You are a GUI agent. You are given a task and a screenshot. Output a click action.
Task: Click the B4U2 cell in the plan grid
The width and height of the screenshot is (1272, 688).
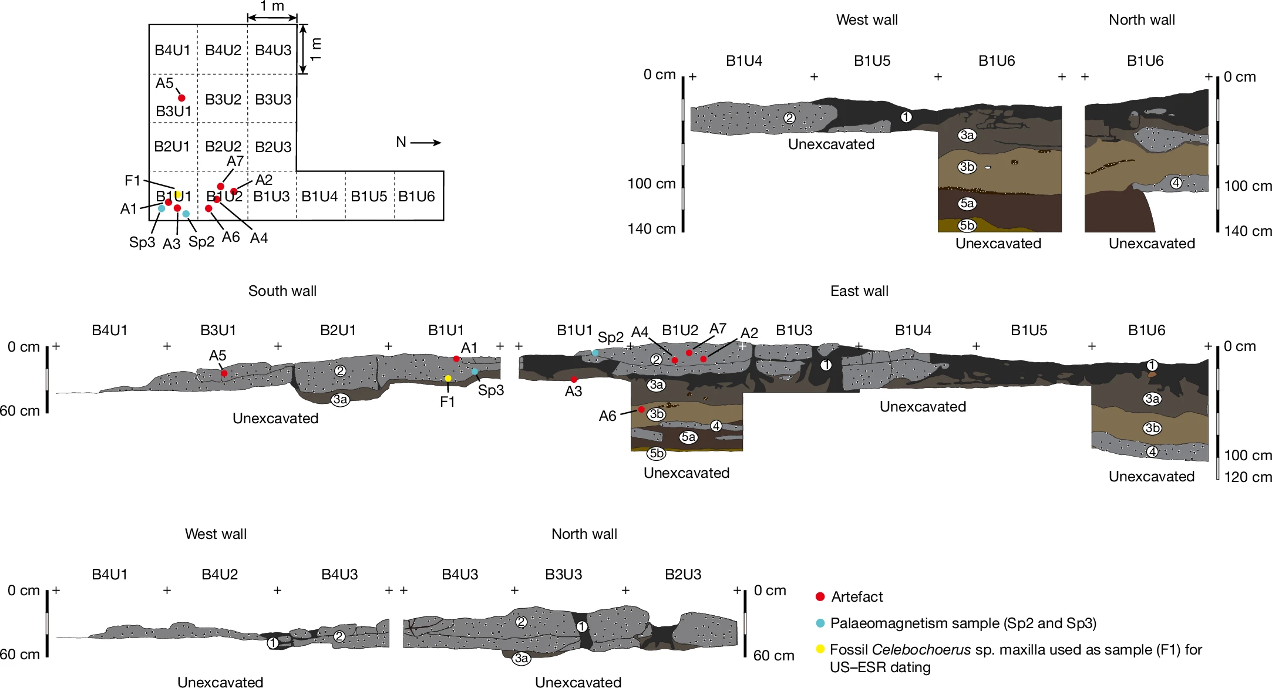(223, 50)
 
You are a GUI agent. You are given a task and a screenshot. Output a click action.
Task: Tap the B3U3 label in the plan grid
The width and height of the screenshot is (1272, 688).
(273, 99)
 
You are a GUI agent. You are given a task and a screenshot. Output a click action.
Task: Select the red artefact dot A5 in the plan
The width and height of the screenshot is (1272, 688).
(181, 98)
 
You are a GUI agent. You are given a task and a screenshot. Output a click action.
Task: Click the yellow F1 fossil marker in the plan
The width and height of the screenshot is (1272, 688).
(179, 194)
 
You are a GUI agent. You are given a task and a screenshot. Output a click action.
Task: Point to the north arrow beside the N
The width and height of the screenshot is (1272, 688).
(426, 142)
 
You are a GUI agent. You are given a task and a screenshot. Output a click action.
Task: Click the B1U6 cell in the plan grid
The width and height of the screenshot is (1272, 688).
(418, 196)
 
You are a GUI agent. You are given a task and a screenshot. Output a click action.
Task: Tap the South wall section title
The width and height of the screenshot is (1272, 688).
(282, 291)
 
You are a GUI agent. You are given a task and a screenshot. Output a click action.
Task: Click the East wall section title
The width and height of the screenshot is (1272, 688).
(859, 291)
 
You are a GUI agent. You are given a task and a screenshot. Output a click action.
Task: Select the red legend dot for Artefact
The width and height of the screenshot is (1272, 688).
(820, 596)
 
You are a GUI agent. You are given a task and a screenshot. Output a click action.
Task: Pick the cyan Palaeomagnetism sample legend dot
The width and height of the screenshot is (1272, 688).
(820, 623)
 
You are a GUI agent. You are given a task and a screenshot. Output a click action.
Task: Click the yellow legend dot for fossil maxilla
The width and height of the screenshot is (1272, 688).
(820, 649)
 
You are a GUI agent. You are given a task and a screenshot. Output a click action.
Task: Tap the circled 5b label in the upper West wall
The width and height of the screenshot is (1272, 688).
(967, 225)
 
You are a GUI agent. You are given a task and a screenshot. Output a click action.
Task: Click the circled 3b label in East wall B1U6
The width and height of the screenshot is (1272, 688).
(1152, 428)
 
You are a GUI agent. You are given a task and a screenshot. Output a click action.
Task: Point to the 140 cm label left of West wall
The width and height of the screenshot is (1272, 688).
(651, 228)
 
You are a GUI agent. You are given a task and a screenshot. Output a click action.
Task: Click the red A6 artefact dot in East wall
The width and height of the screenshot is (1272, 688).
(641, 409)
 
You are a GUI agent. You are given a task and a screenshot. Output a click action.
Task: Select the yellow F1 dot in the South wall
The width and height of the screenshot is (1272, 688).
(448, 379)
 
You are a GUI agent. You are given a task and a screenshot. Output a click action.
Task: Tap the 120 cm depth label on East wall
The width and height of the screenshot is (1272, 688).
(1248, 477)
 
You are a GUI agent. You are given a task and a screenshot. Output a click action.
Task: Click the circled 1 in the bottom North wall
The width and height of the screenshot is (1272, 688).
(581, 626)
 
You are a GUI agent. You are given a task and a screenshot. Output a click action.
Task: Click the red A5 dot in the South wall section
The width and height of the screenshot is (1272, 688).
(224, 373)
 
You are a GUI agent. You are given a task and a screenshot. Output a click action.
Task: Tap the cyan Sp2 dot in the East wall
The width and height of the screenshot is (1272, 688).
(595, 353)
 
